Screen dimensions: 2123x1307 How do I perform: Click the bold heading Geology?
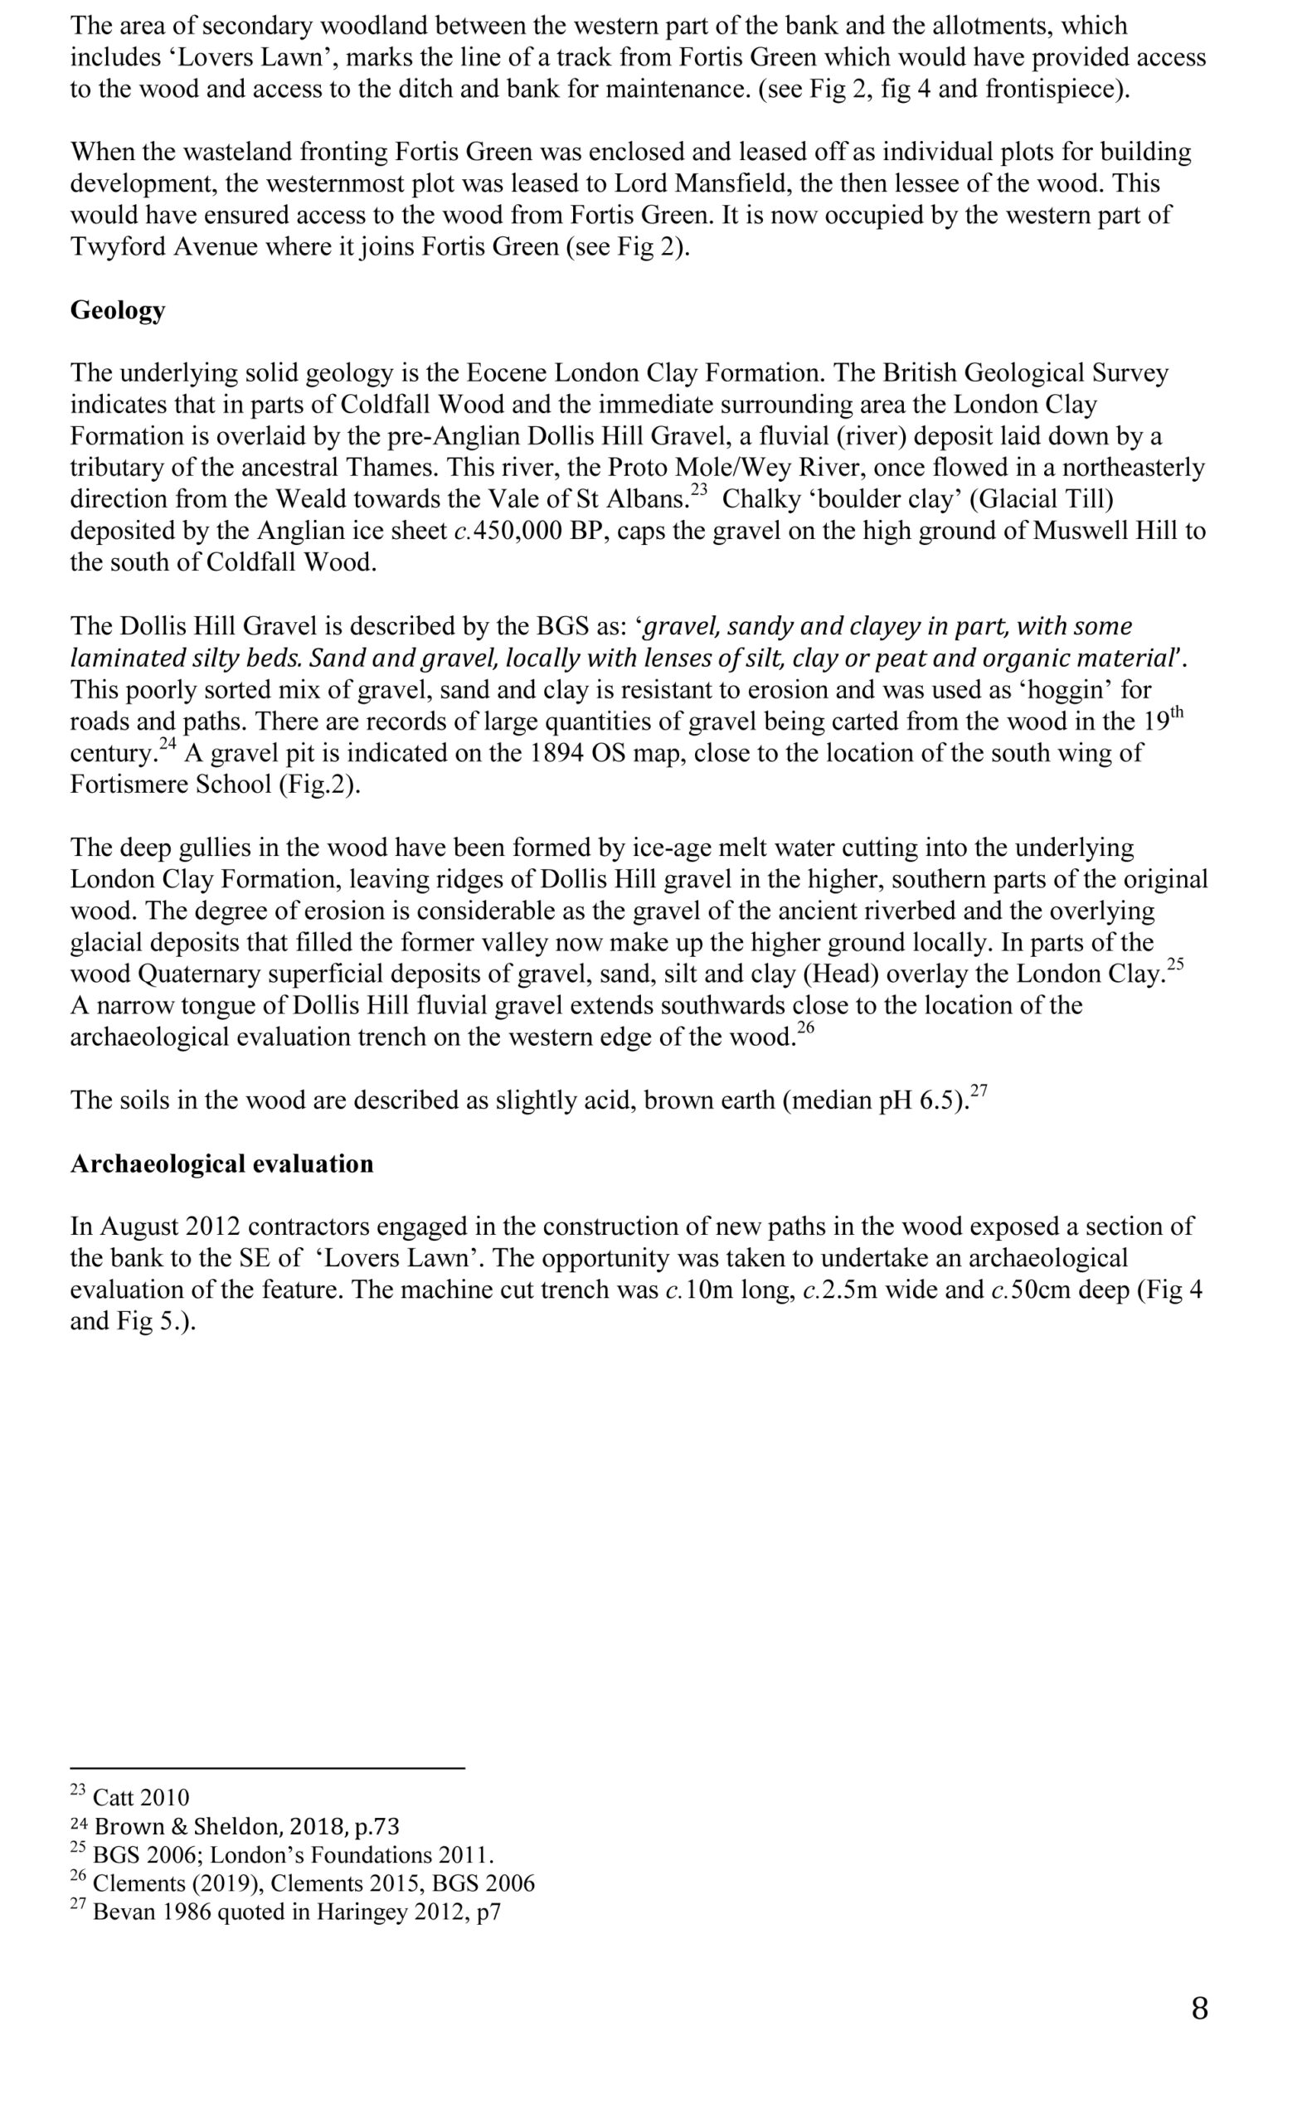(x=118, y=309)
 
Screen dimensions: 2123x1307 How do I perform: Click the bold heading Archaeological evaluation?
(x=221, y=1164)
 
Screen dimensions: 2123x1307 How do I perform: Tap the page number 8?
(x=1200, y=2007)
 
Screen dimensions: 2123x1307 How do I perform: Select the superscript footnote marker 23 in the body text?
(x=698, y=490)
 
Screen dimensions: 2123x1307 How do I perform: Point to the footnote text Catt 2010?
(x=141, y=1797)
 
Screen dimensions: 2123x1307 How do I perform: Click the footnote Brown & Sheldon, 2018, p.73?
(x=246, y=1825)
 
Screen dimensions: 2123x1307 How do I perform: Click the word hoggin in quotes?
(x=1066, y=690)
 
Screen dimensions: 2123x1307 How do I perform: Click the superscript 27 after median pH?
(x=979, y=1090)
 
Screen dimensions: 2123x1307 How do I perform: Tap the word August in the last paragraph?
(x=139, y=1227)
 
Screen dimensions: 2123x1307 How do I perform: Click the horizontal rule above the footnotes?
(x=267, y=1768)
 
